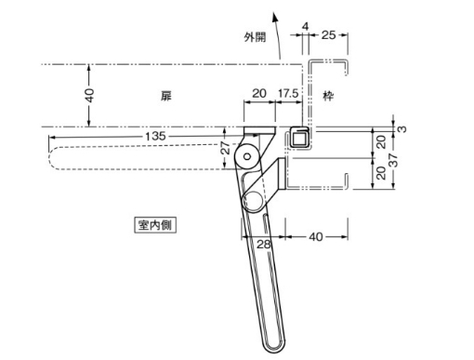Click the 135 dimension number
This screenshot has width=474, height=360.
coord(155,136)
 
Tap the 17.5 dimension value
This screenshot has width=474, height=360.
coord(288,93)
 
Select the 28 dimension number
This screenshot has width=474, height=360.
coord(264,245)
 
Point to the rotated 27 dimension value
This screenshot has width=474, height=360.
coord(227,148)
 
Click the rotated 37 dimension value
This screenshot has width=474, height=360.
coord(393,160)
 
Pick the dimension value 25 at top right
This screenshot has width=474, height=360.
coord(328,35)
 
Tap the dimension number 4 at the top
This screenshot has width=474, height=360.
coord(306,27)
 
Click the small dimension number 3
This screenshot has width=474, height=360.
coord(402,129)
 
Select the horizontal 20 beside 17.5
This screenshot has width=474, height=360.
coord(259,93)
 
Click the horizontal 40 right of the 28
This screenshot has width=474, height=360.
coord(316,237)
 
